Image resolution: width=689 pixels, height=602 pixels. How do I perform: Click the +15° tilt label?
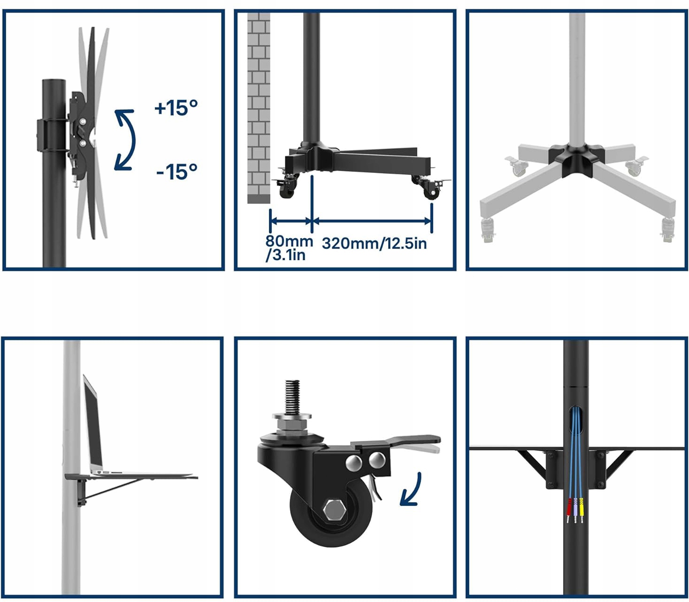(x=176, y=108)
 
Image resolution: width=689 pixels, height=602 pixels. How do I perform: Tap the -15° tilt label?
(x=177, y=172)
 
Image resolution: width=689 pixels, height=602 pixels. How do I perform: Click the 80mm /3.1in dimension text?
(x=289, y=248)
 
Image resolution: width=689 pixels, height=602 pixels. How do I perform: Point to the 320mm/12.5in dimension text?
(x=374, y=243)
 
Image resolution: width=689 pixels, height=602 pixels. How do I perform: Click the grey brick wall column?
(x=259, y=108)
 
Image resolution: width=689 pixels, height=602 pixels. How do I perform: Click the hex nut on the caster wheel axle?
(x=334, y=512)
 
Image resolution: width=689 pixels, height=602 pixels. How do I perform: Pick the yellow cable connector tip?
(x=581, y=510)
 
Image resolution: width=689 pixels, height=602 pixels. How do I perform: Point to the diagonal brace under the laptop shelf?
(x=113, y=488)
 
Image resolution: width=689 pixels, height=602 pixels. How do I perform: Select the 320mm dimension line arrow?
(x=372, y=221)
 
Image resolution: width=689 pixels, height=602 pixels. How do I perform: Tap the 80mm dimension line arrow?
(x=291, y=221)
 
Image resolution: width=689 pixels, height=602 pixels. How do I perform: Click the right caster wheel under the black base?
(x=431, y=192)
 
